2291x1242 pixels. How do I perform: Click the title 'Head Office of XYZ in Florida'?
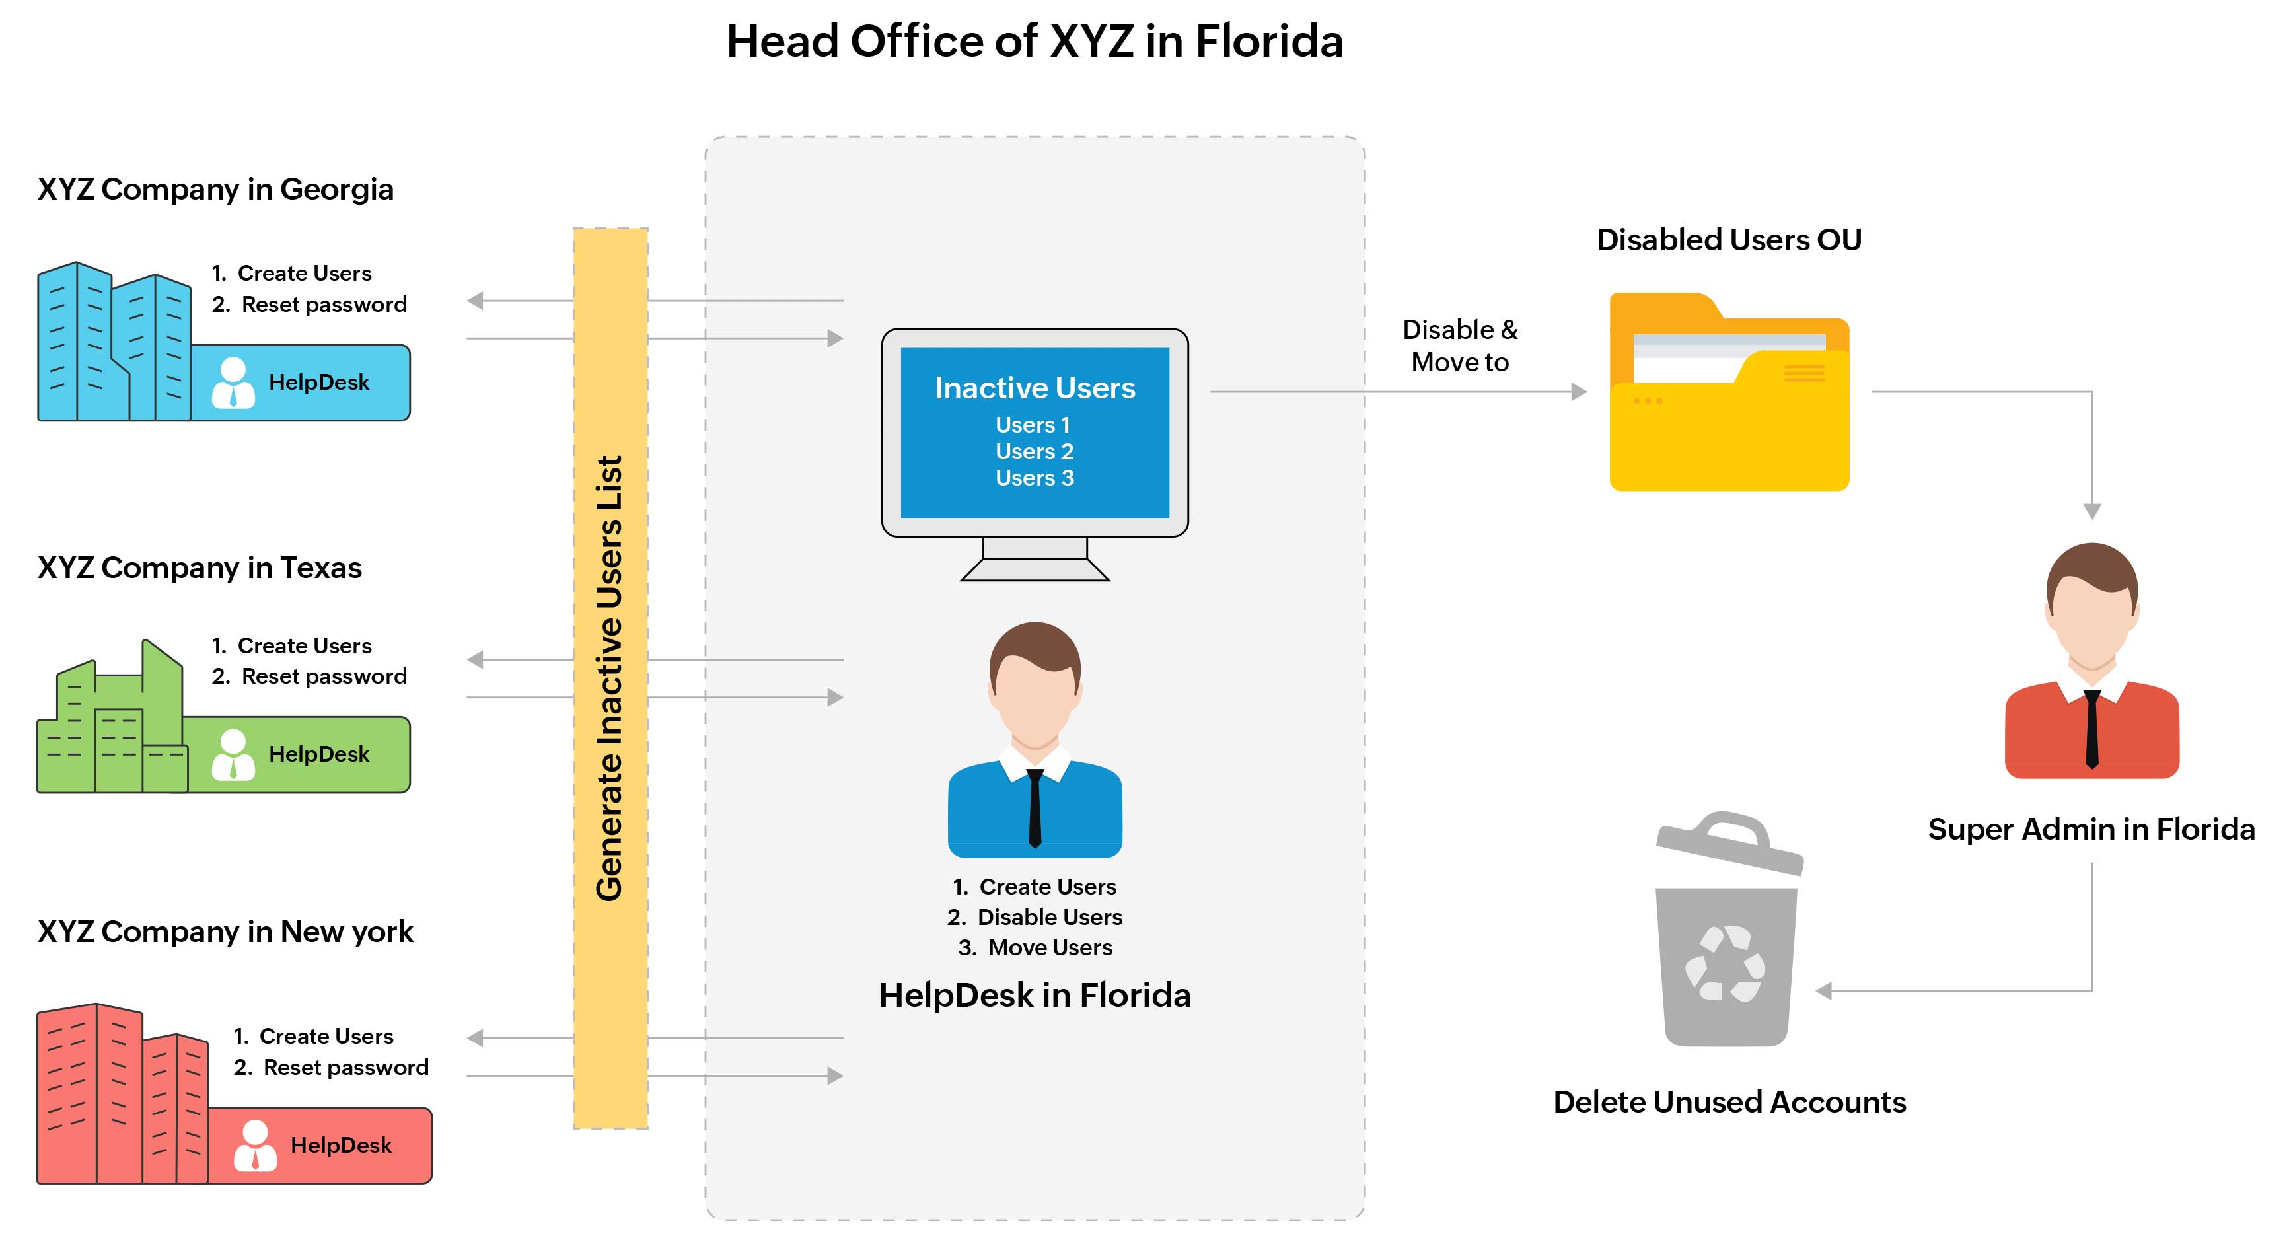coord(1035,42)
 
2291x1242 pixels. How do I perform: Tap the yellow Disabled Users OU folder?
coord(1729,400)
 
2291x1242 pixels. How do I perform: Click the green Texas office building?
coord(111,725)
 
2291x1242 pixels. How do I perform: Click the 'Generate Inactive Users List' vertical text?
coord(610,678)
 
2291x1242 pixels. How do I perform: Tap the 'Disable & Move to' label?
coord(1459,346)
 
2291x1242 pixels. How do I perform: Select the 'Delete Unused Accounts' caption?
coord(1729,1103)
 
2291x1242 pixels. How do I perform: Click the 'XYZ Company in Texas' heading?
coord(200,567)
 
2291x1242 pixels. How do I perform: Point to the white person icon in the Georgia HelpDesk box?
coord(233,383)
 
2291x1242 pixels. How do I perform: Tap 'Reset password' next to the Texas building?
coord(324,677)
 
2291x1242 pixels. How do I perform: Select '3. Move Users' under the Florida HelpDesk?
coord(1035,947)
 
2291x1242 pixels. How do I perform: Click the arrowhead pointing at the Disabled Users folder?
coord(1579,392)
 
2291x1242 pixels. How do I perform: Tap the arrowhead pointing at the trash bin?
coord(1824,990)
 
